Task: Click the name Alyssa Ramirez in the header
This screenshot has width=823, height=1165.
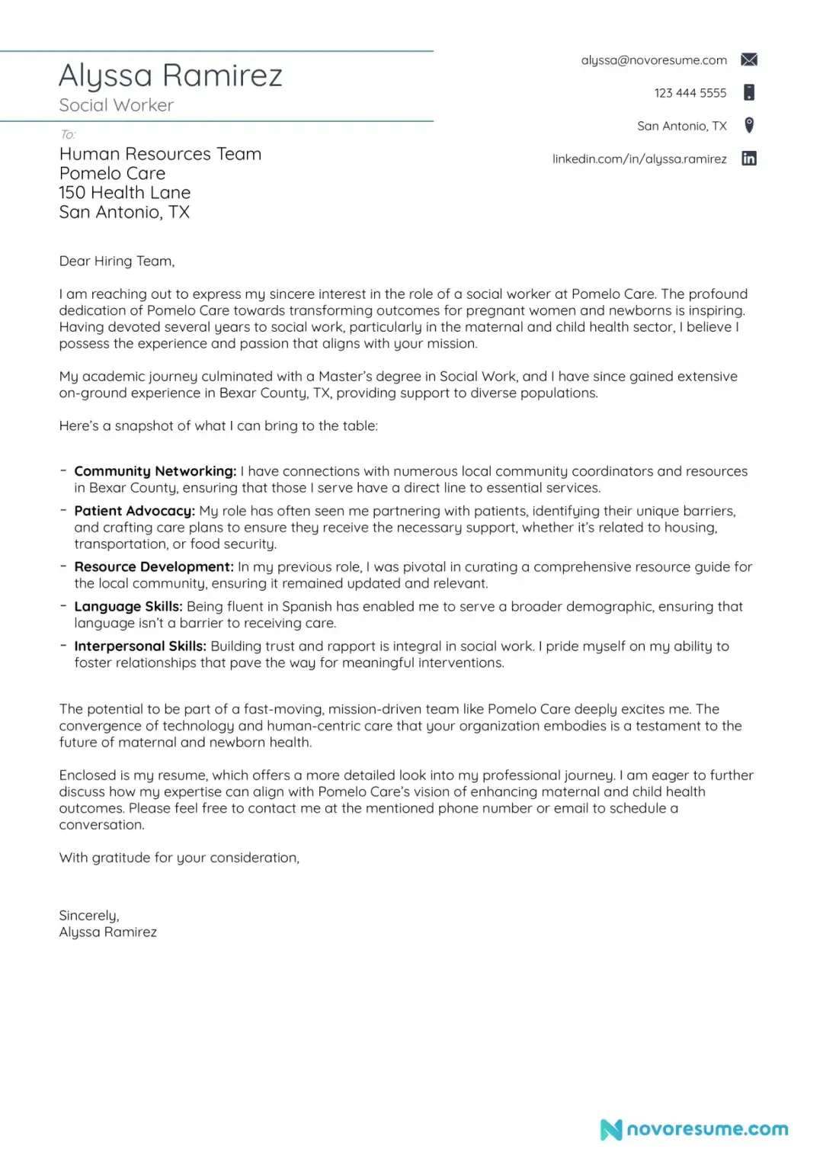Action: coord(171,75)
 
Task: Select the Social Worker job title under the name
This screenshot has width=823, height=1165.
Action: coord(117,105)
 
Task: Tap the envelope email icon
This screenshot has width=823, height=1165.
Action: coord(749,59)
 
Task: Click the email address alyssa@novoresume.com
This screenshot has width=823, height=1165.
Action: coord(654,60)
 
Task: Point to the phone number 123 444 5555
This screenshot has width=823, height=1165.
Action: coord(690,93)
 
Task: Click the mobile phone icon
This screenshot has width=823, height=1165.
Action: coord(749,92)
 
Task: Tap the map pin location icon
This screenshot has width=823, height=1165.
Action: coord(749,125)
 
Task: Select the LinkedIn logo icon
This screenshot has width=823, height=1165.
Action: coord(749,159)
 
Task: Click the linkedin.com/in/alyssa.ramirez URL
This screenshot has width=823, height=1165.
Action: coord(639,159)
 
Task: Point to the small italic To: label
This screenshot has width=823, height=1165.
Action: coord(68,134)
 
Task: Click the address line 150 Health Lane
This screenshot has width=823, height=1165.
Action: coord(125,193)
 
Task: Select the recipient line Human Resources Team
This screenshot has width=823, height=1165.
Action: coord(160,154)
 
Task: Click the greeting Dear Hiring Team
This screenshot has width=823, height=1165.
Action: coord(117,261)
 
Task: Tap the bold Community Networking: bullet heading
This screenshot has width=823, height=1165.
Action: coord(155,471)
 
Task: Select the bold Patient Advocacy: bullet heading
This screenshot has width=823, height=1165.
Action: coord(135,511)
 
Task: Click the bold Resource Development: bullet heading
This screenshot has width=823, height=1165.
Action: coord(154,566)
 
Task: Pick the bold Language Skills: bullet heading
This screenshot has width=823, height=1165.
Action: coord(128,606)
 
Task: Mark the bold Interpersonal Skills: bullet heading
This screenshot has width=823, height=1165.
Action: coord(140,646)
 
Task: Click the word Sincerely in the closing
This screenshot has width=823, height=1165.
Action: coord(89,915)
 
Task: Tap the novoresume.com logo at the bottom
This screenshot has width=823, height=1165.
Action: coord(694,1129)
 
